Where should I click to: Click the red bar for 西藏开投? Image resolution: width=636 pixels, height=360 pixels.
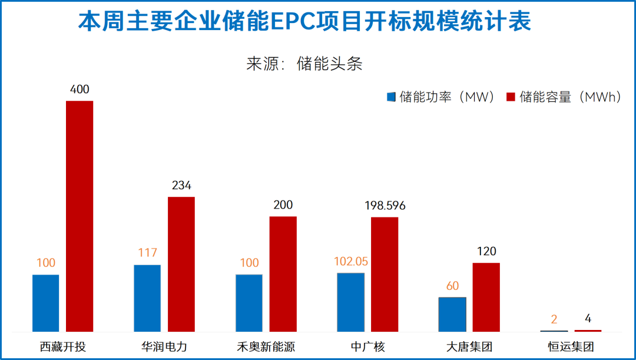(79, 216)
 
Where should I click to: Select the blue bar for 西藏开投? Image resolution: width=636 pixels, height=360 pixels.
(46, 303)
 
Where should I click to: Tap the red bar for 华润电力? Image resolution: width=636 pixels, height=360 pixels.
(181, 264)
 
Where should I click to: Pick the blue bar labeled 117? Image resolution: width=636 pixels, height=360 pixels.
(147, 298)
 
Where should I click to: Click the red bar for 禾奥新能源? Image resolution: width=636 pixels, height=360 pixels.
(283, 274)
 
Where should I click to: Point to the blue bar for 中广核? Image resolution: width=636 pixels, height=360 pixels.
(350, 302)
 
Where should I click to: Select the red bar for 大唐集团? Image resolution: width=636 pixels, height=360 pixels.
(486, 297)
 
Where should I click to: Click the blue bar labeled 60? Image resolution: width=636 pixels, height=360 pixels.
(452, 314)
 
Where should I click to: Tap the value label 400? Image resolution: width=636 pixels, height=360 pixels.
(79, 90)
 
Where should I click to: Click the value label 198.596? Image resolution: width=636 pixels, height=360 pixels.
(385, 206)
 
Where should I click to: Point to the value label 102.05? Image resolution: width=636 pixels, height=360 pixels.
(350, 261)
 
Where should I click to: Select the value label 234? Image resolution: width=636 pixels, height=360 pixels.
(181, 186)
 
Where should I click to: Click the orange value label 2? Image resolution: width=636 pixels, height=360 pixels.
(554, 320)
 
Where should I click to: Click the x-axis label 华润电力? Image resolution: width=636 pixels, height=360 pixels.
(164, 346)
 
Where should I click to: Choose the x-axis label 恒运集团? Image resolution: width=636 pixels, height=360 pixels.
(571, 346)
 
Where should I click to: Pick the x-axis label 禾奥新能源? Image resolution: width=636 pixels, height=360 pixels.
(266, 346)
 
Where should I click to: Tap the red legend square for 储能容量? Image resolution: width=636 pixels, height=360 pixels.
(511, 97)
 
